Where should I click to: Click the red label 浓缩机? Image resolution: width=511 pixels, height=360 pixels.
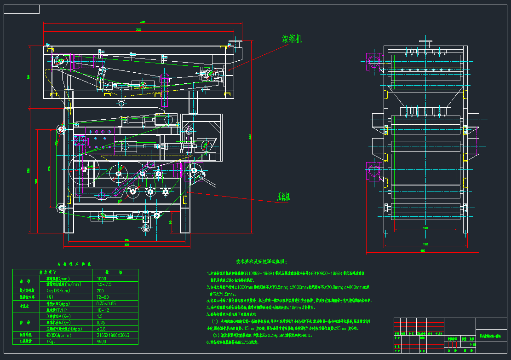292,39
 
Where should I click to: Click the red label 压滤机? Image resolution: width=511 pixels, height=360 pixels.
282,197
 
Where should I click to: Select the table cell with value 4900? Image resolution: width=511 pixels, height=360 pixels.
102,341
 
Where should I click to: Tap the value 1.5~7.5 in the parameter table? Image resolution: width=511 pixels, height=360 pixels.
105,285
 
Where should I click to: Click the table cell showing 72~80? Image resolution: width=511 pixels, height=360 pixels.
103,297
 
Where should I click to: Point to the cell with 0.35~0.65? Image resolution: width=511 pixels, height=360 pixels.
107,304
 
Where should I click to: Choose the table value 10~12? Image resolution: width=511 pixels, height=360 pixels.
104,310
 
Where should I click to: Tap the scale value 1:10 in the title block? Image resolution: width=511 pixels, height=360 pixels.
472,344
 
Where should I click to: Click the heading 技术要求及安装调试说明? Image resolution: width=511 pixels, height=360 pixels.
260,261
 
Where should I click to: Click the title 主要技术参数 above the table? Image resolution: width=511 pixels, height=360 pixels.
74,264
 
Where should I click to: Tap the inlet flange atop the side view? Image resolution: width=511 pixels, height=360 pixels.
425,44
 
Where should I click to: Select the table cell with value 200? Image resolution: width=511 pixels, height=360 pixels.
101,291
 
